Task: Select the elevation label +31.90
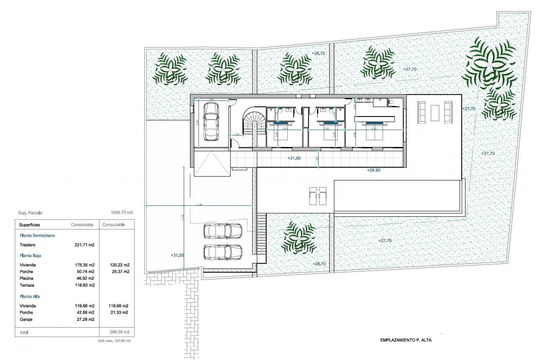(x=294, y=158)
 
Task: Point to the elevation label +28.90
(x=373, y=170)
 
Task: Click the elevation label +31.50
(x=177, y=255)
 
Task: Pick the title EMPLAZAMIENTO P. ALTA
(x=406, y=340)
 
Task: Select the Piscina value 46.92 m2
(x=84, y=278)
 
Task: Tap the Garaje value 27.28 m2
(x=84, y=319)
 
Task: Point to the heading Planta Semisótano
(x=37, y=235)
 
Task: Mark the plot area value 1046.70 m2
(x=122, y=213)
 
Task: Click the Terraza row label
(x=27, y=285)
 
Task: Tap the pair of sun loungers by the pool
(x=318, y=195)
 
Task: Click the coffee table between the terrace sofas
(x=435, y=113)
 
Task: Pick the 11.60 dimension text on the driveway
(x=199, y=204)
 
